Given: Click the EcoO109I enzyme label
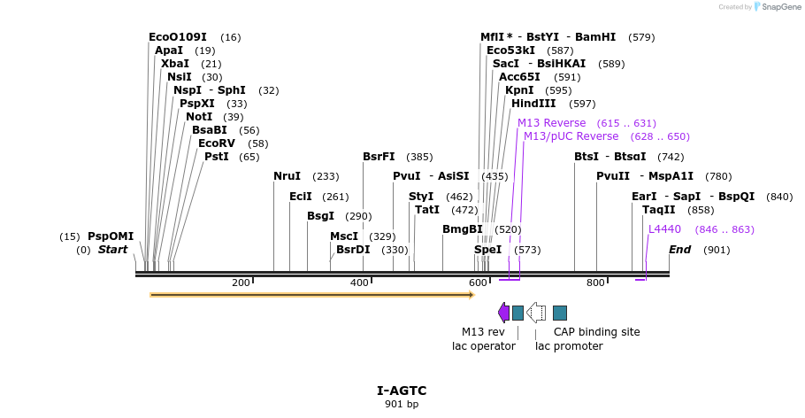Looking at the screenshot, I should click(x=177, y=37).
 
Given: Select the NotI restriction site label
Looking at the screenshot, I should click(x=199, y=117).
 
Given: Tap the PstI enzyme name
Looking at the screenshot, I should click(x=217, y=157).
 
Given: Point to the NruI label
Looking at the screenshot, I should click(x=287, y=176).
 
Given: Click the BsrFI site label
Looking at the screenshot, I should click(x=379, y=157).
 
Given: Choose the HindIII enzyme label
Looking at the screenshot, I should click(x=533, y=104).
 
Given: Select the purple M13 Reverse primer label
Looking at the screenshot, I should click(x=551, y=123).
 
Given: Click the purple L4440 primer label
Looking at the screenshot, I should click(x=664, y=229).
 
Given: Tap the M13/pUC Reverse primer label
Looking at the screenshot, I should click(x=571, y=136).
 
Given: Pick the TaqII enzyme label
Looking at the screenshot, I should click(x=659, y=210).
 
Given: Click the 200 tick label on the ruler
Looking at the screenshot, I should click(x=241, y=283).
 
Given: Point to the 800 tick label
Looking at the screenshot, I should click(x=595, y=283).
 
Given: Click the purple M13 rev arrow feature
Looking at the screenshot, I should click(x=503, y=312).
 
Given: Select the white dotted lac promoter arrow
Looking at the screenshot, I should click(x=536, y=312).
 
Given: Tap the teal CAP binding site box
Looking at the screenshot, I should click(x=560, y=312).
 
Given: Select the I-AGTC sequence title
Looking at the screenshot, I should click(x=402, y=391).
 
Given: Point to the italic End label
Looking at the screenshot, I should click(x=679, y=250).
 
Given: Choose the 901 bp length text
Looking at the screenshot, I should click(x=402, y=404).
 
